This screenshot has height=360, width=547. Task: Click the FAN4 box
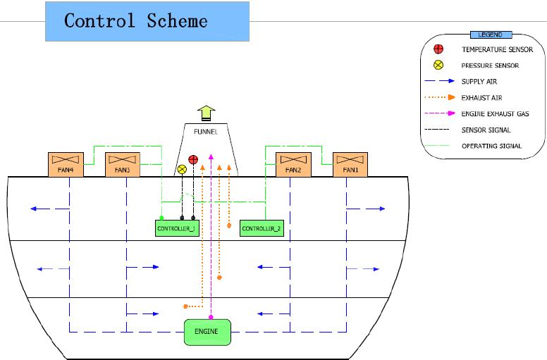[x=66, y=164]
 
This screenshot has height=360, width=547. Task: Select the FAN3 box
[x=123, y=164]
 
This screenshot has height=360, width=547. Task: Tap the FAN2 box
[x=293, y=164]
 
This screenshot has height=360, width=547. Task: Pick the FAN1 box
[x=350, y=164]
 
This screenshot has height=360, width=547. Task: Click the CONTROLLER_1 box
[x=177, y=228]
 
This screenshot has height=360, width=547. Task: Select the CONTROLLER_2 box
[x=262, y=228]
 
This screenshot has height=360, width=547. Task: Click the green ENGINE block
[x=207, y=332]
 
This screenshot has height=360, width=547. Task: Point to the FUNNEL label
[x=205, y=131]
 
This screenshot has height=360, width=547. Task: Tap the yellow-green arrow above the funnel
[x=206, y=113]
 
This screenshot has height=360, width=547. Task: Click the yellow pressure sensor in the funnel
[x=182, y=169]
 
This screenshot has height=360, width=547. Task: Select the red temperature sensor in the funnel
[x=193, y=160]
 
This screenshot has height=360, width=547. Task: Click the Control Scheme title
[x=136, y=20]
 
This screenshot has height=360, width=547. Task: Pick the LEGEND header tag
[x=491, y=35]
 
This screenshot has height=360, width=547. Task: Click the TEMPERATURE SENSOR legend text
[x=497, y=49]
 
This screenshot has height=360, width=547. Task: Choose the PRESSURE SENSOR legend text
[x=490, y=66]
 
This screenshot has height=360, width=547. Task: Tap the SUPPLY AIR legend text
[x=479, y=82]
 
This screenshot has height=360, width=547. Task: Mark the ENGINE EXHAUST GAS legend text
[x=495, y=113]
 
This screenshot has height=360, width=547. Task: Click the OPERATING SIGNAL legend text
[x=491, y=146]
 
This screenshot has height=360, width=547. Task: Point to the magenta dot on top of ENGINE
[x=211, y=318]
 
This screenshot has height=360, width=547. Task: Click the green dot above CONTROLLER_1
[x=161, y=218]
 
